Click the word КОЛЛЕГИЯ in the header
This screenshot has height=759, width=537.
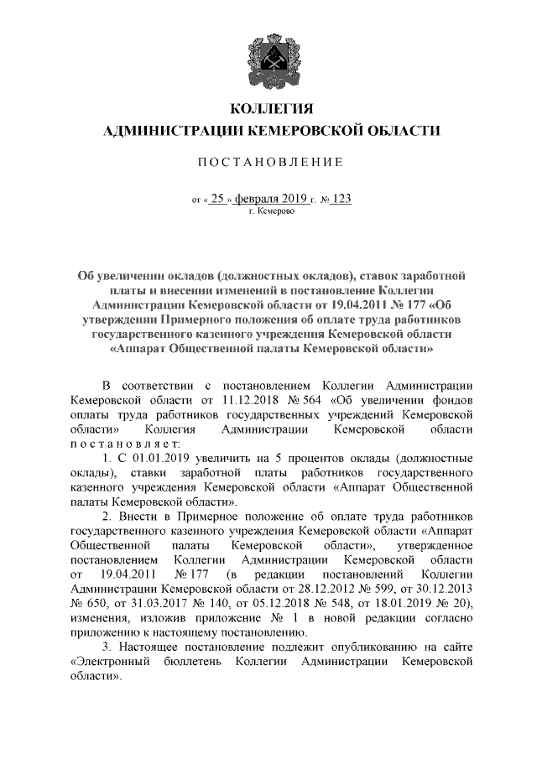coord(268,109)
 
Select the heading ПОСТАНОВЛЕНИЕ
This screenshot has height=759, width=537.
coord(268,161)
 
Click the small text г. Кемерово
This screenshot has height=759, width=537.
coord(268,211)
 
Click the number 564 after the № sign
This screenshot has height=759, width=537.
coord(310,399)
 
